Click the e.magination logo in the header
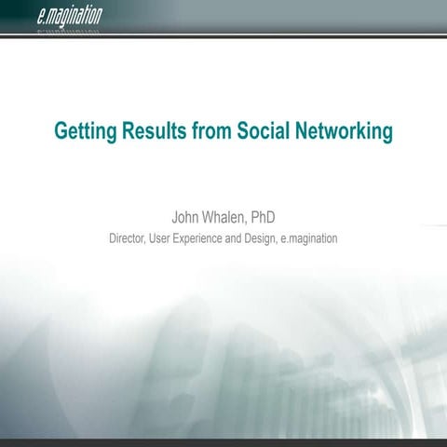click(x=71, y=15)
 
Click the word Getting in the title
click(x=86, y=131)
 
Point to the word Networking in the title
click(x=345, y=131)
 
